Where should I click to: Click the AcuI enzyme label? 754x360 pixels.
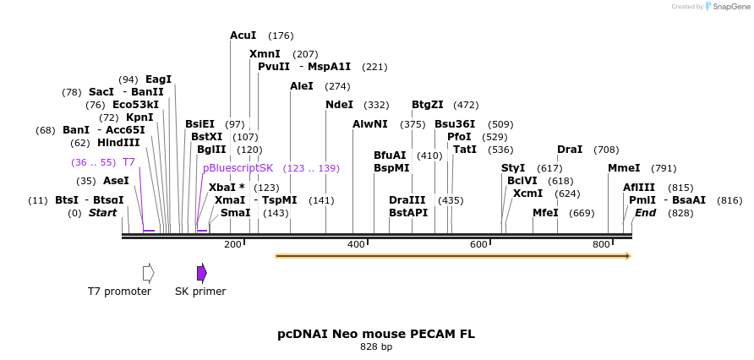coord(243,35)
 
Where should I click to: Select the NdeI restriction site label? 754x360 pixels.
coord(339,105)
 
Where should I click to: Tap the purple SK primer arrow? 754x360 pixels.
coord(201,272)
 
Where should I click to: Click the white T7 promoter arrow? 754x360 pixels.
coord(148,272)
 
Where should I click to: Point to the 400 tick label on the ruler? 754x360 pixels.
coord(356,244)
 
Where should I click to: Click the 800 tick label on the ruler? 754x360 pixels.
coord(601,244)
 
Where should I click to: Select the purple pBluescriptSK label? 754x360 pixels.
coord(238,168)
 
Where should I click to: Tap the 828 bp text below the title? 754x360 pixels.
coord(376,347)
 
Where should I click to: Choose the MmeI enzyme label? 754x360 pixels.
coord(624,168)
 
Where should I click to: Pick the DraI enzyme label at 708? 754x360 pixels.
coord(570,150)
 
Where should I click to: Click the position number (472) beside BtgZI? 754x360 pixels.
coord(466,106)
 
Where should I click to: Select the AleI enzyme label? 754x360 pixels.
coord(302,86)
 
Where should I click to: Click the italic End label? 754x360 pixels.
coord(646,213)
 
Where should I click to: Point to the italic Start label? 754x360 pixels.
coord(102,213)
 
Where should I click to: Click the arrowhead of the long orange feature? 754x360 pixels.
coord(627,255)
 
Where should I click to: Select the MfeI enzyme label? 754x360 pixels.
coord(545,213)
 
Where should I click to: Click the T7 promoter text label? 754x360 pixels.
coord(119,292)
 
